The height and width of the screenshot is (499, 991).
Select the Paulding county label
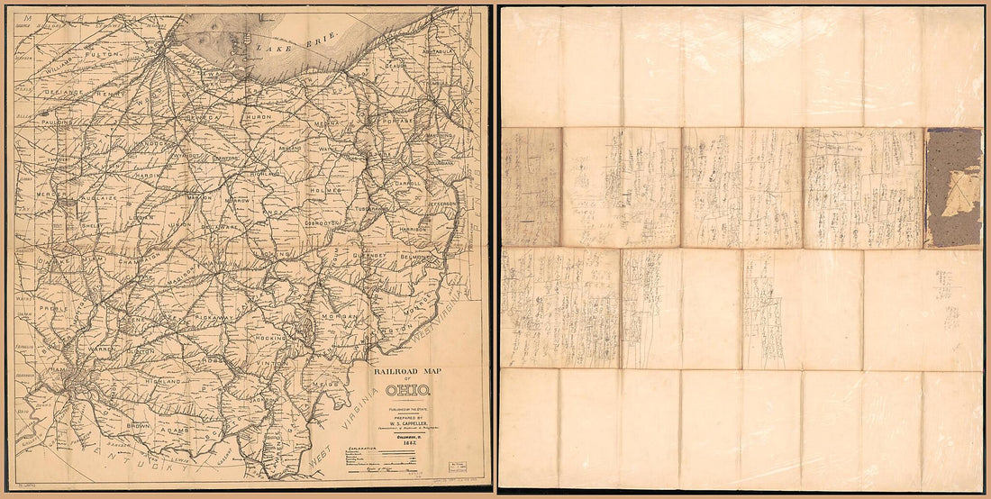36,120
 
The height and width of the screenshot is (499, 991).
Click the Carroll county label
407,182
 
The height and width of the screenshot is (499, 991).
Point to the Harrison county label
409,230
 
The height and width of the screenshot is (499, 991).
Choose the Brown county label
137,422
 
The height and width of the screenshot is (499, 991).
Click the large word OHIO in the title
408,391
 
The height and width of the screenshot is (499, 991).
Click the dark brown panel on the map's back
953,186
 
